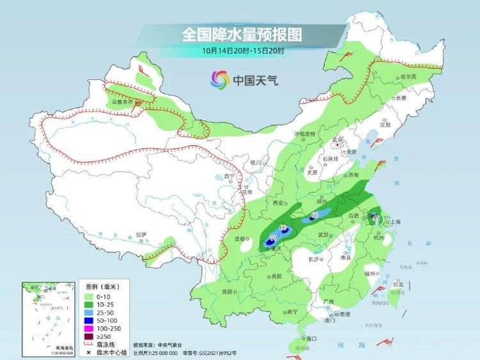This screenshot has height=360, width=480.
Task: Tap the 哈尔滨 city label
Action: click(x=404, y=76)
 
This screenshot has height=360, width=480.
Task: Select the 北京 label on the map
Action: click(x=339, y=139)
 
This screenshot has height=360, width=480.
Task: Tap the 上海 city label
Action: click(x=394, y=222)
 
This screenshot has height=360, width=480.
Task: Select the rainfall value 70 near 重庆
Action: click(x=273, y=238)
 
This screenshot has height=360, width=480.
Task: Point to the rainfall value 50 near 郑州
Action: click(x=314, y=215)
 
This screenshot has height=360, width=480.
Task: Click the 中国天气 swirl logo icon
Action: click(x=220, y=80)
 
